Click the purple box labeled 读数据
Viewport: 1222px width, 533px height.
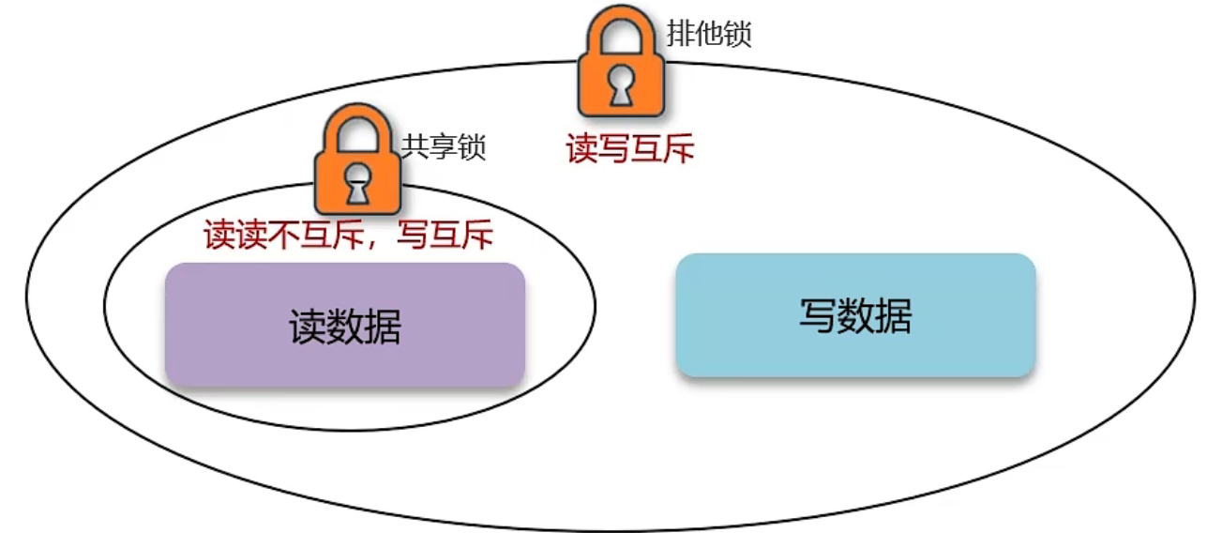click(344, 326)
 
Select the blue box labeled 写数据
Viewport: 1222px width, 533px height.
click(855, 315)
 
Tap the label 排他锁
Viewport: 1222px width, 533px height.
click(709, 34)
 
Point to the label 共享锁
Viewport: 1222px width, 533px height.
click(445, 147)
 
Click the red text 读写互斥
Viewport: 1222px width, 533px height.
click(630, 148)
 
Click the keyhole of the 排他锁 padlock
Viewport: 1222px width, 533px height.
click(621, 86)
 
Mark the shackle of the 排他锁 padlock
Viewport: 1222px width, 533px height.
click(621, 33)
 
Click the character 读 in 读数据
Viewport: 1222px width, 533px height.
click(307, 327)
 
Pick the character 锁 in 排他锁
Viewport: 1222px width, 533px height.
click(737, 34)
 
